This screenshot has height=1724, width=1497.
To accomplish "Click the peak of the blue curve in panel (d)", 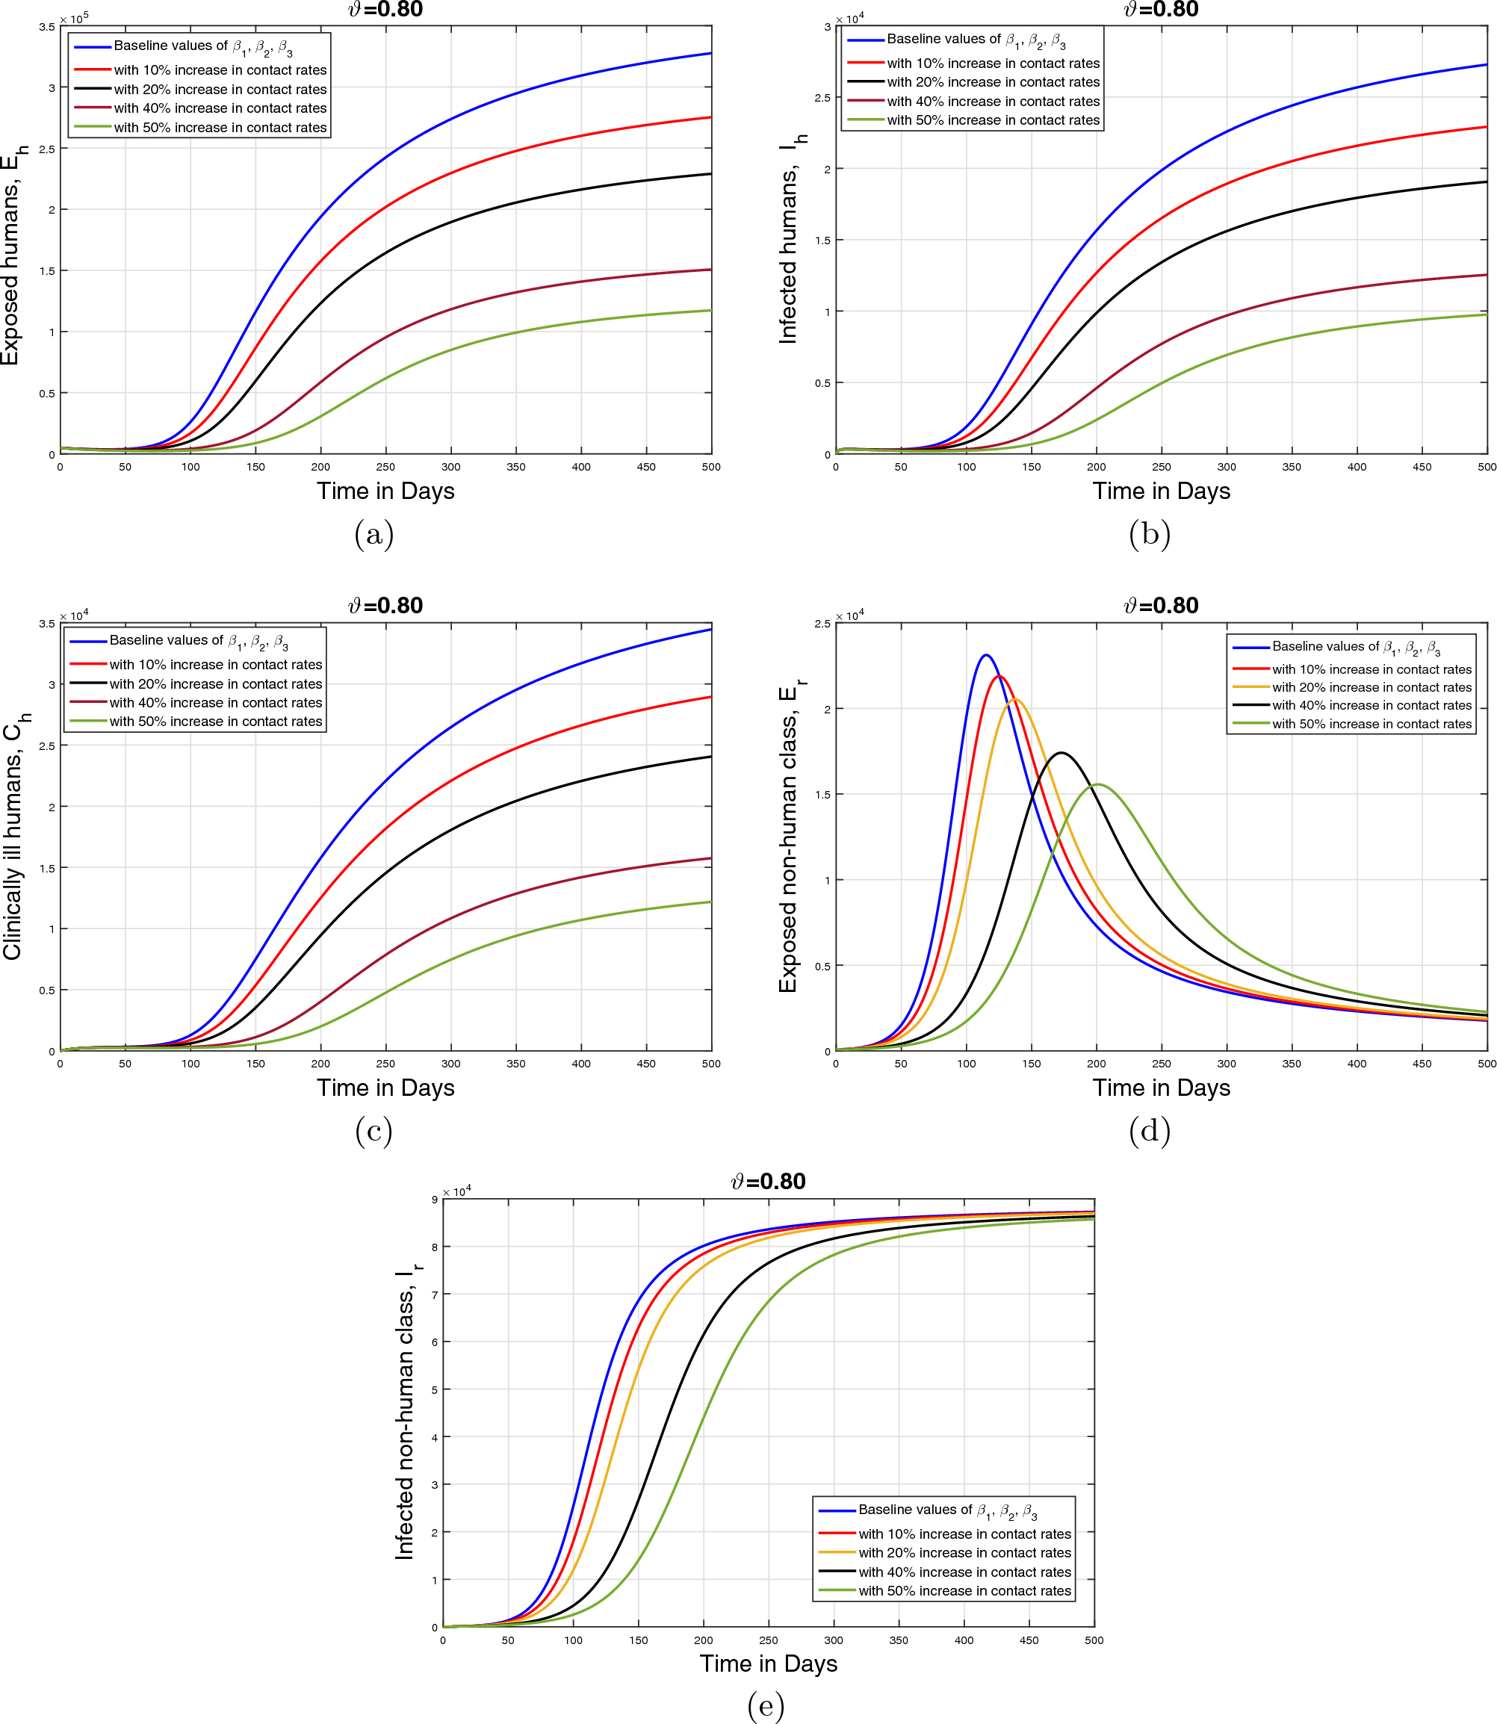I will tap(986, 655).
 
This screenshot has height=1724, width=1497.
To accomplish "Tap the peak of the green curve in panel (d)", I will tap(1097, 784).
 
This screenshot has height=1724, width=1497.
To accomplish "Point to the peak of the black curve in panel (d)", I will tap(1061, 753).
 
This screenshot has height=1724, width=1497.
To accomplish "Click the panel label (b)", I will tap(1150, 534).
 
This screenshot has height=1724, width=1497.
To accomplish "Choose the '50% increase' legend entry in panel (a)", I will tap(220, 128).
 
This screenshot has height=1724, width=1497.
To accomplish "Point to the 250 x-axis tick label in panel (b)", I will tap(1161, 467).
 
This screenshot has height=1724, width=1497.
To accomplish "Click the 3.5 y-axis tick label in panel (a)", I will tap(47, 27).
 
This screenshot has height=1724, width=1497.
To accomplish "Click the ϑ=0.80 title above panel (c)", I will tap(385, 605).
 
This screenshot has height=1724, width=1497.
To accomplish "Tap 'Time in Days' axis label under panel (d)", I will tap(1161, 1088).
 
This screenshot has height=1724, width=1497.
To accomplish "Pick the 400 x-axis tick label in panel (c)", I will tap(580, 1063).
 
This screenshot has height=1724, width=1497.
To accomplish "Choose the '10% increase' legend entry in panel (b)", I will tap(993, 63).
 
